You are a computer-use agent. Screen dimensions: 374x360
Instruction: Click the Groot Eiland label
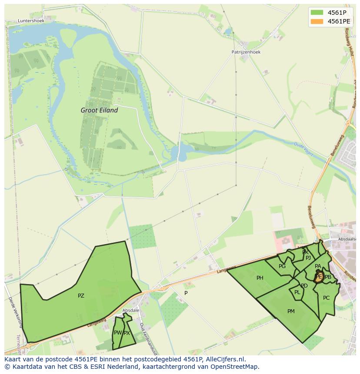click(99, 110)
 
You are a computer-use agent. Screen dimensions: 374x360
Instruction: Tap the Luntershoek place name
click(31, 20)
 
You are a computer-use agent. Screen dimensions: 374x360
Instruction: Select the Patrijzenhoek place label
click(246, 52)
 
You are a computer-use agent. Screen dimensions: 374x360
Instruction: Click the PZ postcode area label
click(81, 296)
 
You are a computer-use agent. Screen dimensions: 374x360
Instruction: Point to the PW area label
click(117, 333)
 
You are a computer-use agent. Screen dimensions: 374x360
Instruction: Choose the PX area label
click(127, 333)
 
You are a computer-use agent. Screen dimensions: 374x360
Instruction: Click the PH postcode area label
click(260, 278)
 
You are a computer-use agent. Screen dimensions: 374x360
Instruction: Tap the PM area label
click(291, 311)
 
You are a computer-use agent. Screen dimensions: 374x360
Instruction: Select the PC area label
click(326, 298)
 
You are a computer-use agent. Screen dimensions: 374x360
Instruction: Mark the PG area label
click(282, 266)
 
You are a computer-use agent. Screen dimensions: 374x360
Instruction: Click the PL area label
click(297, 292)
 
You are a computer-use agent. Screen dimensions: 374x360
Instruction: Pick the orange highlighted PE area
click(319, 277)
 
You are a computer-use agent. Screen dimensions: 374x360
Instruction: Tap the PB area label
click(328, 277)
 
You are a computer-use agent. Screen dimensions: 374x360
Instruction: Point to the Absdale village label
click(130, 310)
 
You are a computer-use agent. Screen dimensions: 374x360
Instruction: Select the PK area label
click(305, 252)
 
